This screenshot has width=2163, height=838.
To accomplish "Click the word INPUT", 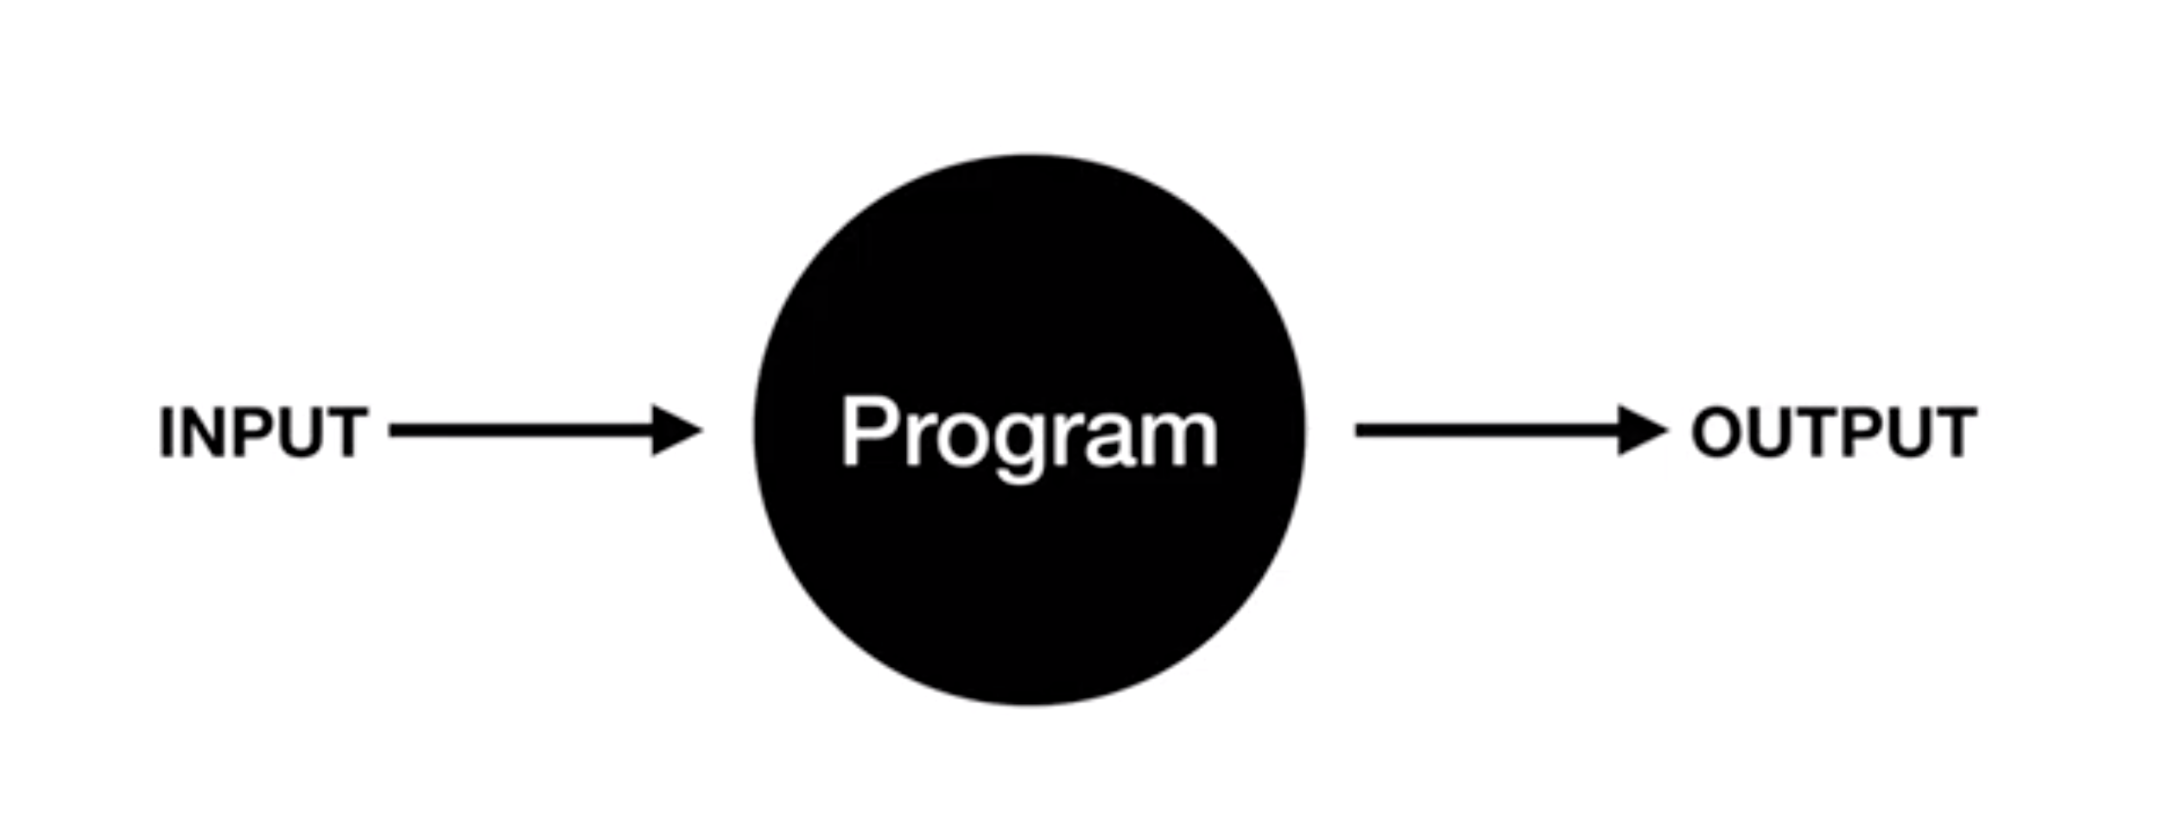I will pos(263,432).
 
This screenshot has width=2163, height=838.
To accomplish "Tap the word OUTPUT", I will pos(1833,431).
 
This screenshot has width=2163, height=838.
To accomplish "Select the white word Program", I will pos(1029,432).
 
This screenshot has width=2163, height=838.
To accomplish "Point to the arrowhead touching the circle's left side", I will pos(676,430).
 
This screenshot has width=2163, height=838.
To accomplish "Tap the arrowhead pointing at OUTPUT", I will pos(1641,430).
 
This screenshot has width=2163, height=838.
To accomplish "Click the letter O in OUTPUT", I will pos(1717,431).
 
